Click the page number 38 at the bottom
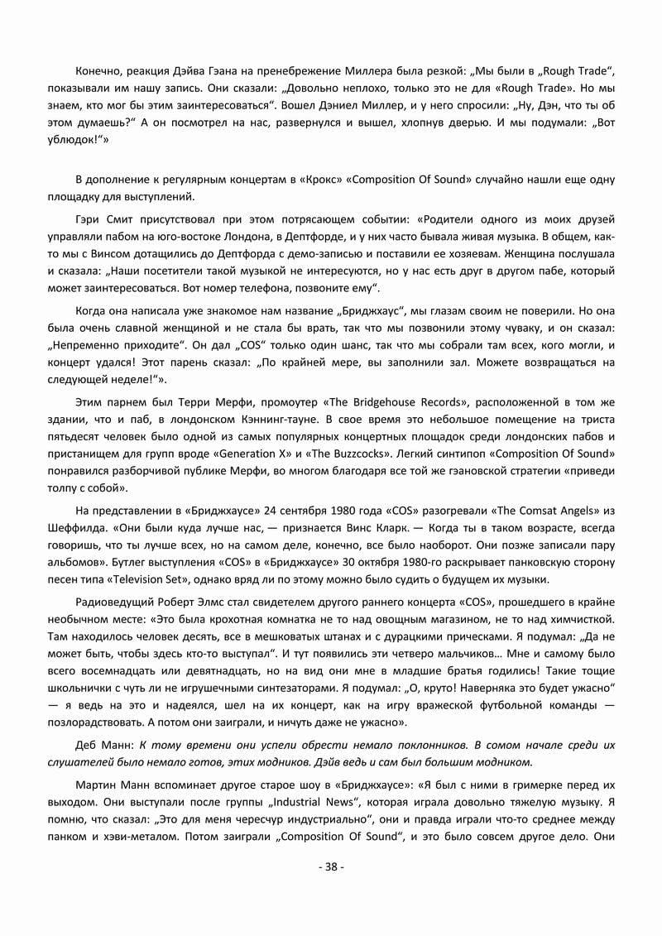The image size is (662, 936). click(331, 867)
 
